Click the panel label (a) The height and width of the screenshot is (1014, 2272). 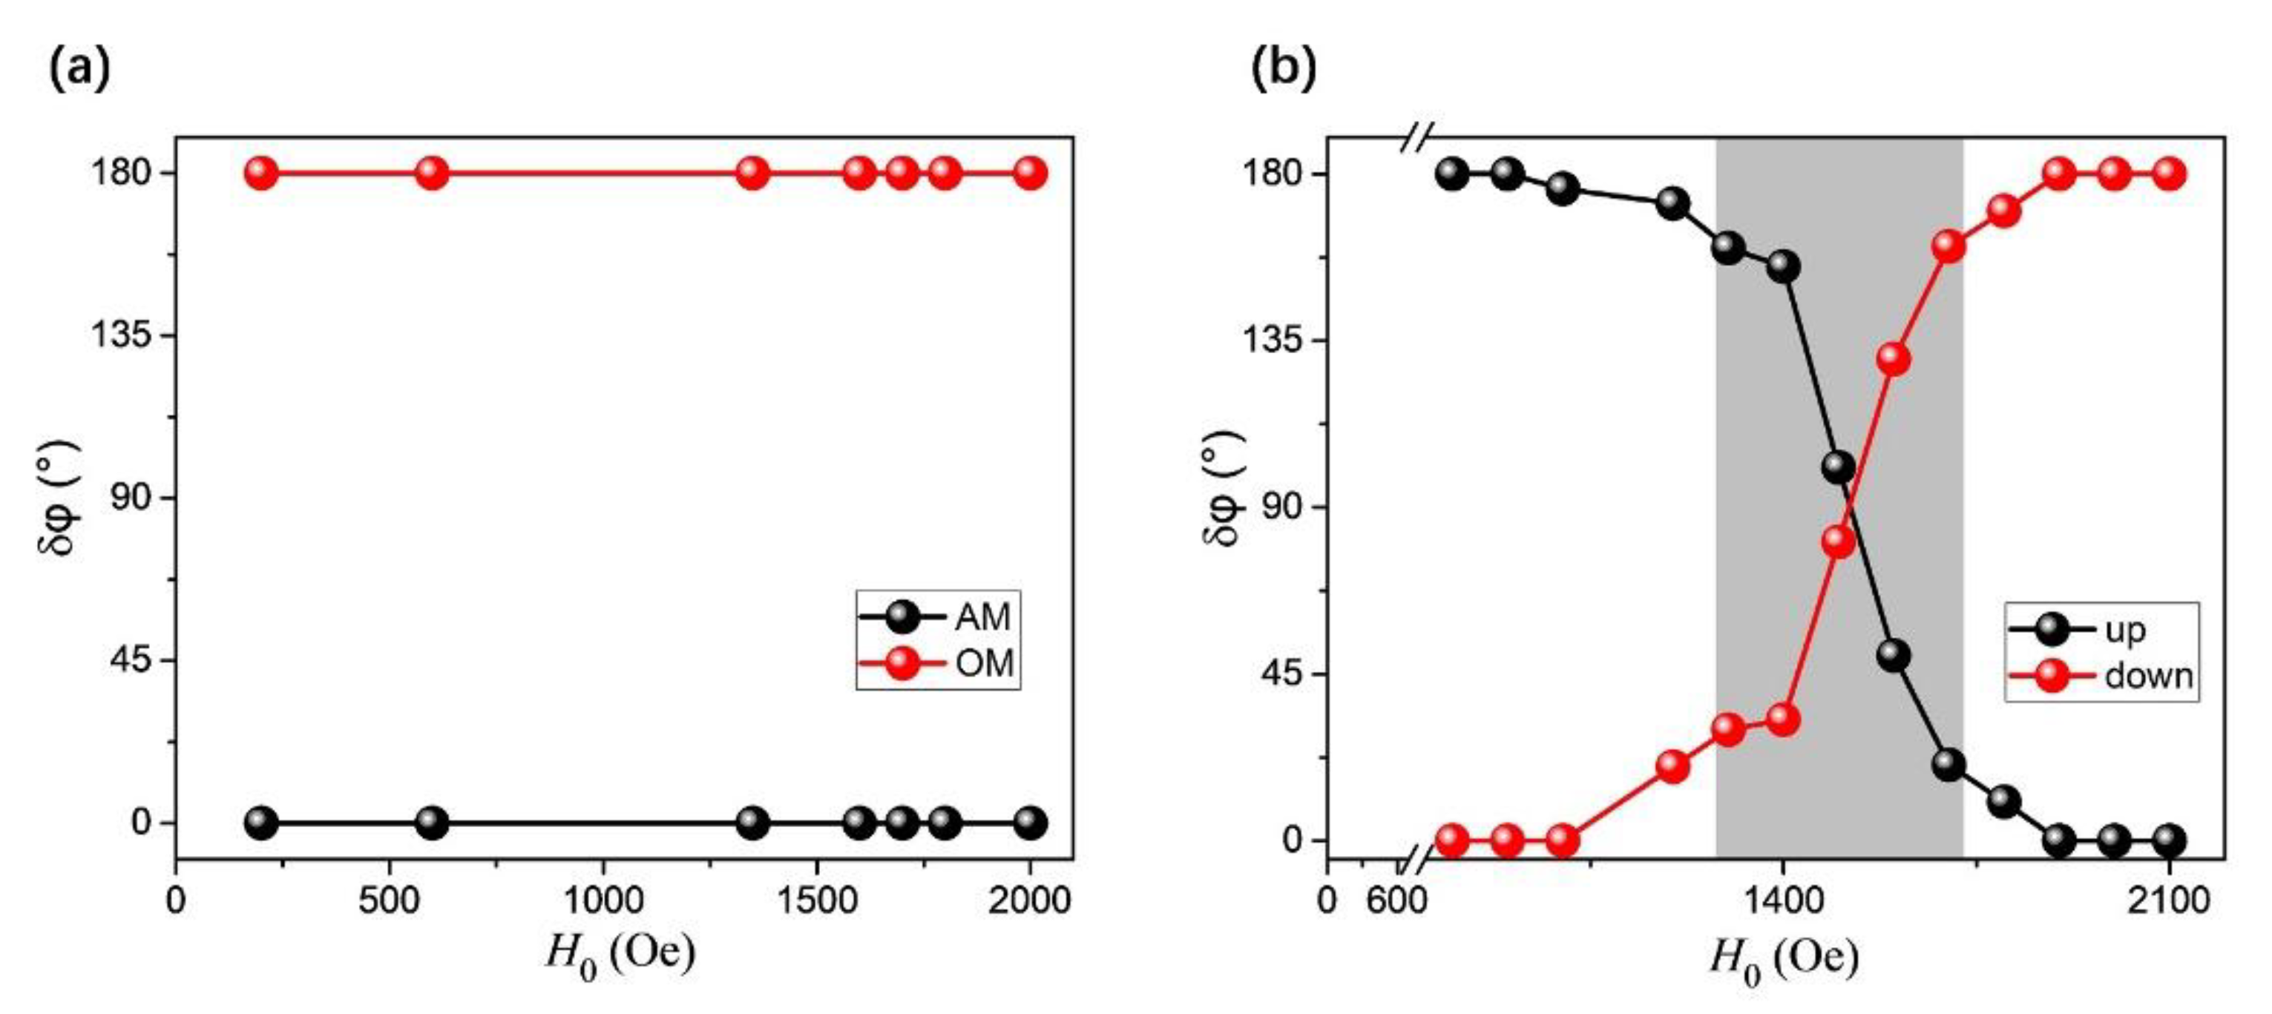point(80,68)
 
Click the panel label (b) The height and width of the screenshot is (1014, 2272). point(1284,68)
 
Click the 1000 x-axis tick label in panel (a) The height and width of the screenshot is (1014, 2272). point(603,901)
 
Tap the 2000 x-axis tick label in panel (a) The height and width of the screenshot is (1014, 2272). point(1029,901)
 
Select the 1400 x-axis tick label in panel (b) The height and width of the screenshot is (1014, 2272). point(1782,901)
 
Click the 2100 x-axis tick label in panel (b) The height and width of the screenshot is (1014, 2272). point(2169,901)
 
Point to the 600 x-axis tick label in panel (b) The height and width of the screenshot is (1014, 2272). point(1398,901)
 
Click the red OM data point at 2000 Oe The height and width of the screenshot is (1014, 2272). point(1029,172)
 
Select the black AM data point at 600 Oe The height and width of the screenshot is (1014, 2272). point(431,823)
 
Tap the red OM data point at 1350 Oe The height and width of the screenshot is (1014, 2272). point(752,172)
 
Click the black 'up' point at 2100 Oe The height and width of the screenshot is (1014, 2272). point(2169,840)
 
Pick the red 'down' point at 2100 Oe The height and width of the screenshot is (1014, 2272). point(2169,174)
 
